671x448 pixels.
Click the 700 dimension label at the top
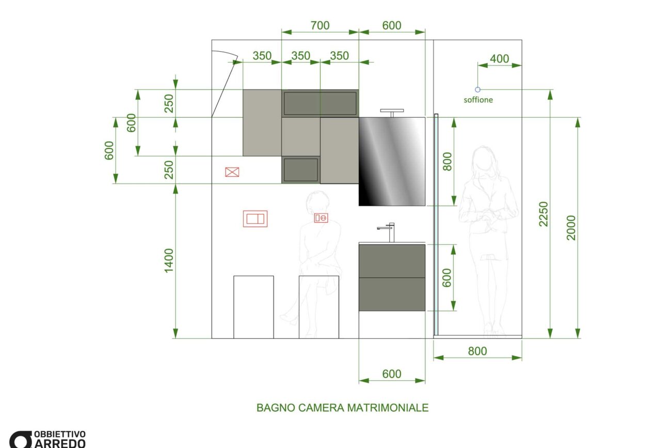coord(320,25)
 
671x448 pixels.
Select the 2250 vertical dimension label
coord(544,213)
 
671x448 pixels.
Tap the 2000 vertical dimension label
coord(571,227)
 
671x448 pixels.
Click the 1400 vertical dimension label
coord(169,260)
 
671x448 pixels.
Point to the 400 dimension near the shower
coord(499,59)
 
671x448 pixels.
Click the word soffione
coord(478,100)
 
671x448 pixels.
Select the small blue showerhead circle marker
coord(478,89)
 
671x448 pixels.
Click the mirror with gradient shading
coord(392,161)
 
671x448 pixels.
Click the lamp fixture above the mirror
coord(392,112)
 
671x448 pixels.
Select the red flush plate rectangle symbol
coord(255,219)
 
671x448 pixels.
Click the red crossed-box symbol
coord(232,172)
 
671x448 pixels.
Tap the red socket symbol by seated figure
coord(321,219)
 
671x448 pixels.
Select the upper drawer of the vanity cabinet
coord(392,260)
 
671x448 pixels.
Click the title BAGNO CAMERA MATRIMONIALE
coord(342,408)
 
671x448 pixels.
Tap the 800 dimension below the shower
coord(477,351)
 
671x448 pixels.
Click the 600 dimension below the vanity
coord(392,374)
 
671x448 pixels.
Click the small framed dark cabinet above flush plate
coord(300,170)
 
